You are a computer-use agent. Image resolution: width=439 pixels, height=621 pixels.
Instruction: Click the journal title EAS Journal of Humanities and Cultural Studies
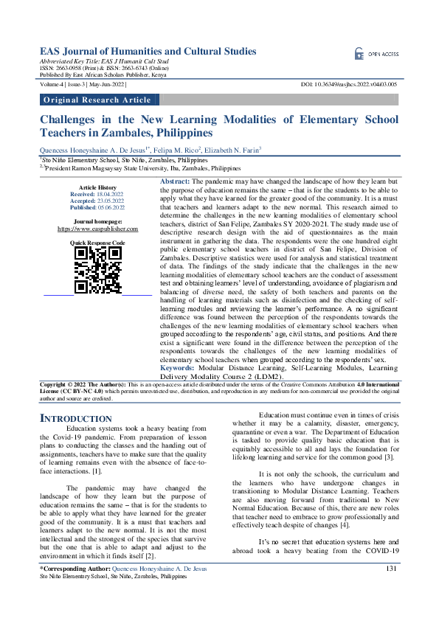pos(148,52)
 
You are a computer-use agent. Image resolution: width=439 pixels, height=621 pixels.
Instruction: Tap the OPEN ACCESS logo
pos(376,55)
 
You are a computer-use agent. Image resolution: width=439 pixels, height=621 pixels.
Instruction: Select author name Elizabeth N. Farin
pos(227,150)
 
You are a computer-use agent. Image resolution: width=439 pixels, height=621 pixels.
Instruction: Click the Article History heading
pos(97,188)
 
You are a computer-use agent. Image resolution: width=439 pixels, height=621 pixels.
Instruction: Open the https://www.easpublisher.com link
pos(97,229)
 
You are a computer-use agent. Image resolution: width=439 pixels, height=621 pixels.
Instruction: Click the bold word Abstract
pos(175,181)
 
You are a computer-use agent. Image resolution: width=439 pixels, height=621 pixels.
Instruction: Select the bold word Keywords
pos(177,367)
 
